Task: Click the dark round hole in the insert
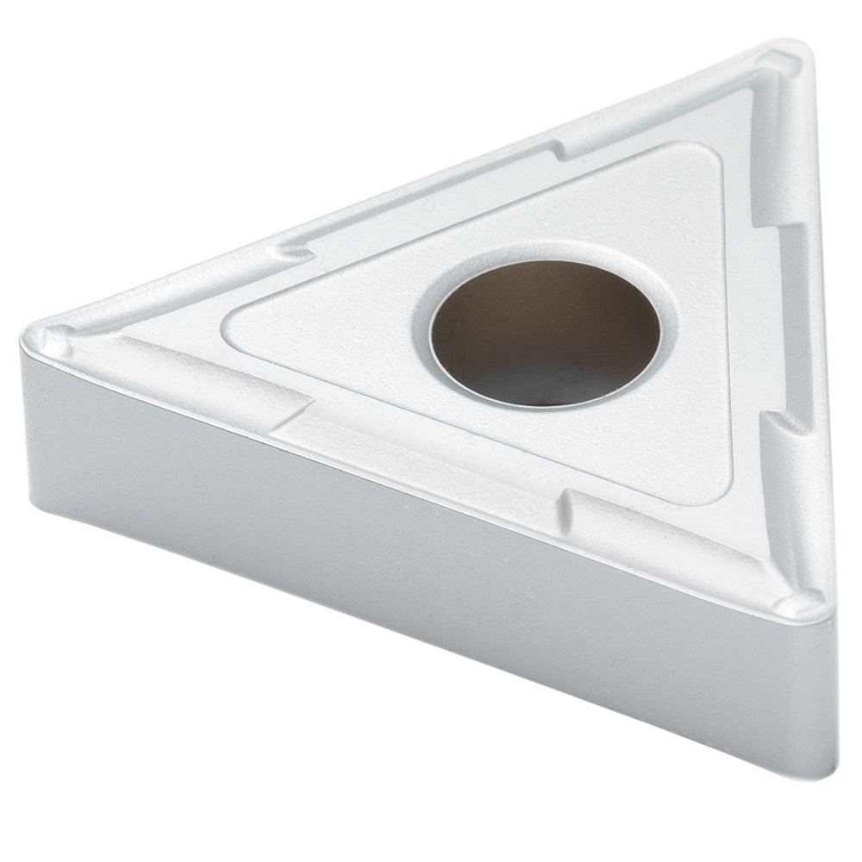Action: [545, 332]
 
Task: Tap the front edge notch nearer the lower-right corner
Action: [565, 504]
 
